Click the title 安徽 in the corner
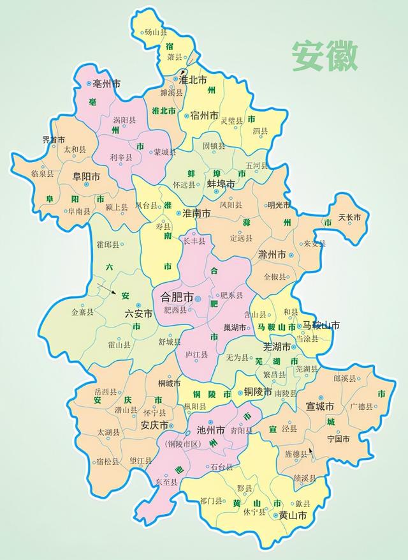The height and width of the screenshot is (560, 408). pyautogui.click(x=325, y=56)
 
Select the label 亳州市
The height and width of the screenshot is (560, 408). pyautogui.click(x=106, y=84)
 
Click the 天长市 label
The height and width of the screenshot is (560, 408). pyautogui.click(x=349, y=218)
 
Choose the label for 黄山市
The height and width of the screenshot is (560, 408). pyautogui.click(x=293, y=515)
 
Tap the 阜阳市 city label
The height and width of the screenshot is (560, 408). pyautogui.click(x=86, y=176)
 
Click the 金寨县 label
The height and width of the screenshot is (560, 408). pyautogui.click(x=82, y=312)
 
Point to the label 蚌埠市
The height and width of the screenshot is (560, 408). pyautogui.click(x=221, y=183)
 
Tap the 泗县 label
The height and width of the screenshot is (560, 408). pyautogui.click(x=260, y=131)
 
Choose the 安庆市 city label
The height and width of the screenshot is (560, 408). pyautogui.click(x=154, y=425)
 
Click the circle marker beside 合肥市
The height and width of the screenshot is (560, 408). pyautogui.click(x=198, y=298)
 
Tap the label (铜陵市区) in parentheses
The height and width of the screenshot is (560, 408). pyautogui.click(x=182, y=443)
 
